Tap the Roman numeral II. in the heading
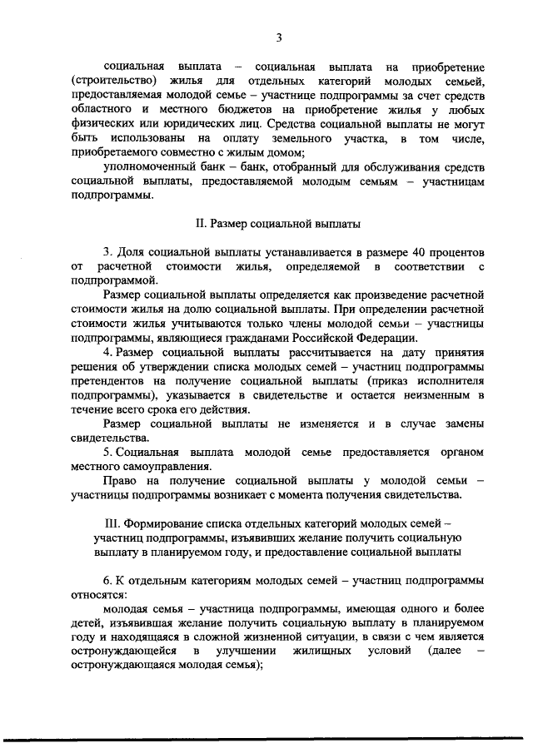200,223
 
